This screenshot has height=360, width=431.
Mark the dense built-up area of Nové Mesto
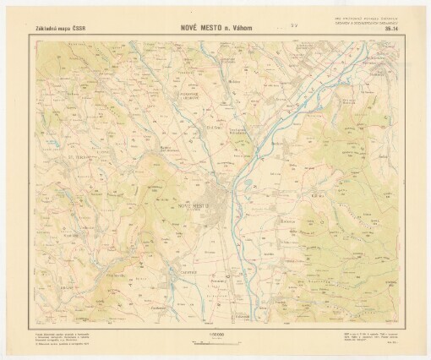click(224, 203)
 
